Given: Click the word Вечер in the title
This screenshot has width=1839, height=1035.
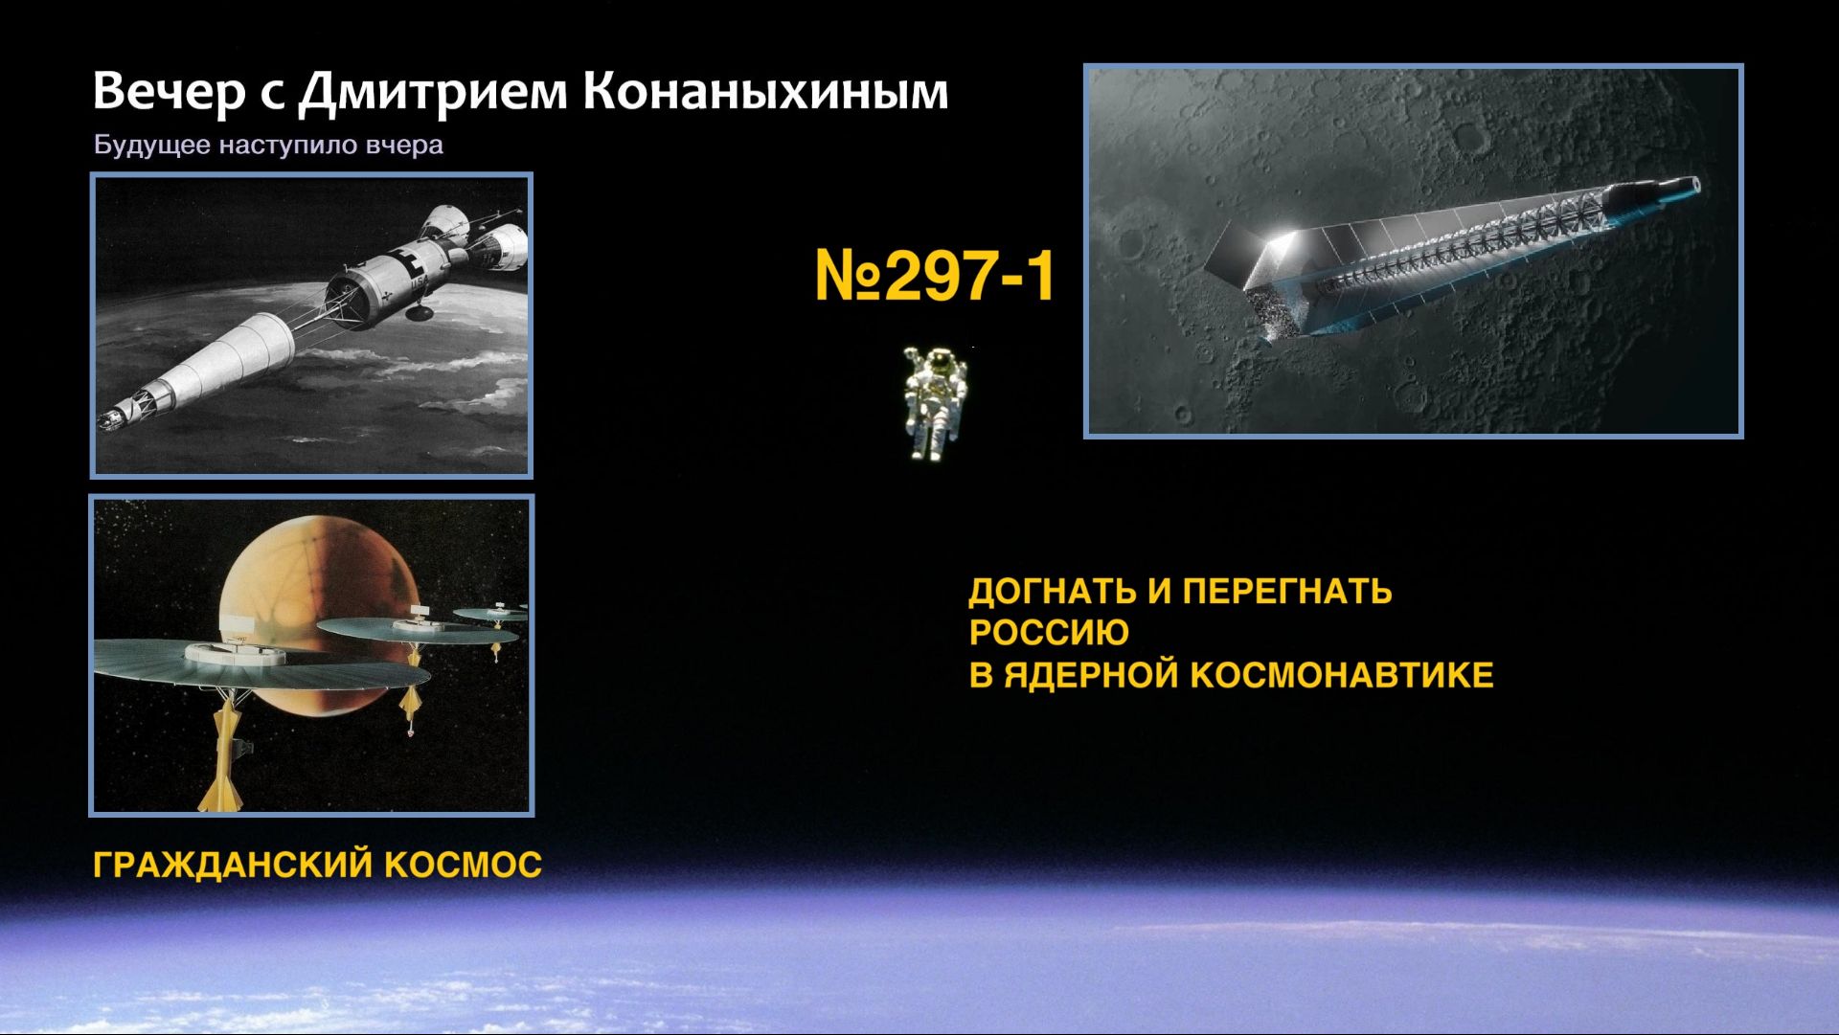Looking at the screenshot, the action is pos(169,92).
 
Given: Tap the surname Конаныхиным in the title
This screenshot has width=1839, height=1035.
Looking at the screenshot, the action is pos(765,92).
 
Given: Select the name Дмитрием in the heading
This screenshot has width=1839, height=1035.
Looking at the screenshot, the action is pos(433,92).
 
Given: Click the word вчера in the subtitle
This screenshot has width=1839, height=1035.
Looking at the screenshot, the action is pos(404,146).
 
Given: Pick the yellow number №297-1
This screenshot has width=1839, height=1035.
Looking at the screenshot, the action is pos(934,276).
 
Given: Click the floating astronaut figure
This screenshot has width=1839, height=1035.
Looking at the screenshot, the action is pos(934,403).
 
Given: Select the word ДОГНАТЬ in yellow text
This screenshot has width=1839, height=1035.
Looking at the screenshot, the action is pos(1052,593).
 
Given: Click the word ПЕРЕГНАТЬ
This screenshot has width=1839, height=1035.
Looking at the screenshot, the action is pos(1286,592).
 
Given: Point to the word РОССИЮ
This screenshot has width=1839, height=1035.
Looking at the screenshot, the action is pos(1049,633).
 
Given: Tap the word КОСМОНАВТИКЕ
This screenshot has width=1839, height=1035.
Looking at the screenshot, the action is pos(1342,675).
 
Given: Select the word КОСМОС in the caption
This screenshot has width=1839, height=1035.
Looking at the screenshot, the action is pos(464,866).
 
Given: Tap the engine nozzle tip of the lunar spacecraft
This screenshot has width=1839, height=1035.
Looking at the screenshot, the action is pos(1693,184).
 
